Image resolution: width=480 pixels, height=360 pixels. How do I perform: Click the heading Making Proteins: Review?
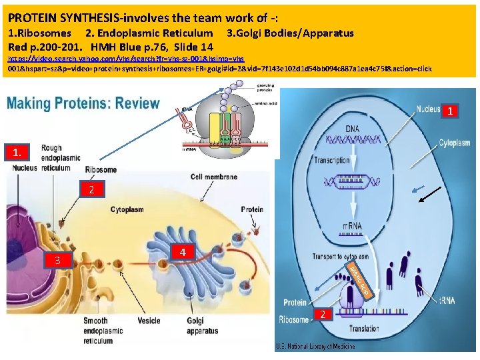84,104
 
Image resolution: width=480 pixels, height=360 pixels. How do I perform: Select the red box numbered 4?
183,252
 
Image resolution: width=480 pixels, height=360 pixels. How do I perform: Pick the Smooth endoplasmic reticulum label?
96,331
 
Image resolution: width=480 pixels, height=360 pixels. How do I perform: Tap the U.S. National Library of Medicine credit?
315,346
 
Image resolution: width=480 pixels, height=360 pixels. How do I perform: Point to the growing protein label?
265,87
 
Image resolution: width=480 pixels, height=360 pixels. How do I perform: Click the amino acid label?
266,104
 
